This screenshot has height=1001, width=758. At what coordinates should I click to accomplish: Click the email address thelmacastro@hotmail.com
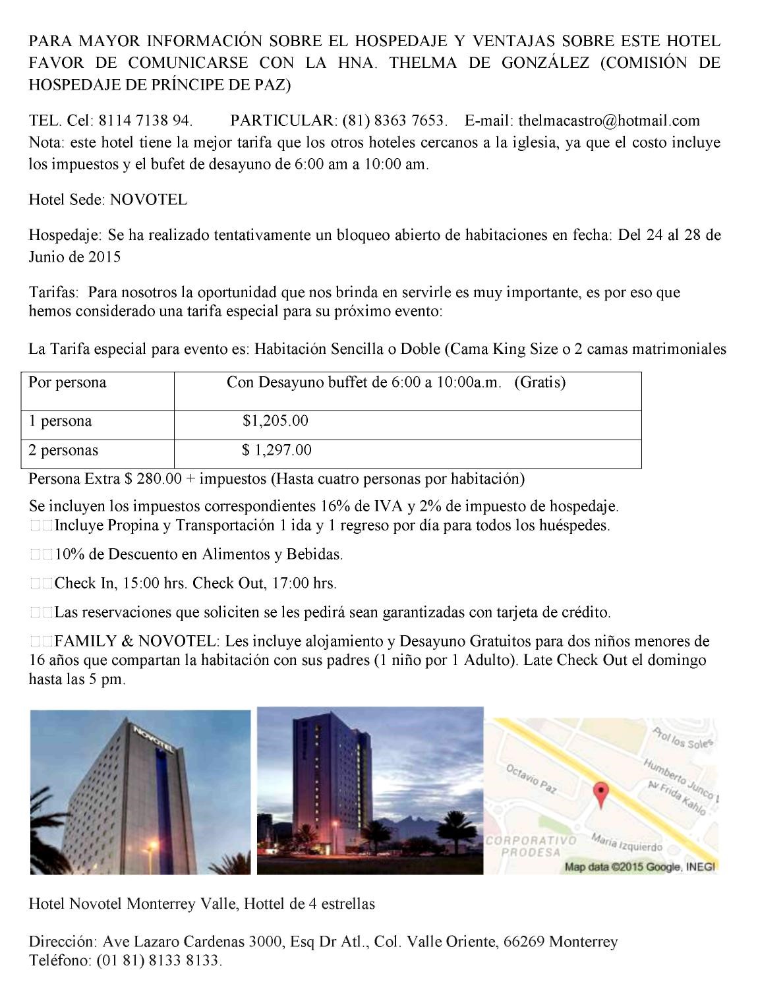pos(609,121)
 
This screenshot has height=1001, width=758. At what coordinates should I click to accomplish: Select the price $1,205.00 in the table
pos(275,420)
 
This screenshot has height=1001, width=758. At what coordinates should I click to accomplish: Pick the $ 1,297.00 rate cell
pos(276,450)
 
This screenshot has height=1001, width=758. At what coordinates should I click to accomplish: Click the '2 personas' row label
pos(63,450)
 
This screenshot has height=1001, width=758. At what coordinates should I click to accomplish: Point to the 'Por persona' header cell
pos(67,382)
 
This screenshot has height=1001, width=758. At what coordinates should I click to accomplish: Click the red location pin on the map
pos(601,794)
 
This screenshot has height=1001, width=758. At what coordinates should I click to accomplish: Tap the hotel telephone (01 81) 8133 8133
pos(158,960)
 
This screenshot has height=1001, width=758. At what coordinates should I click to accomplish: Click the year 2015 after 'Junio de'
pos(104,256)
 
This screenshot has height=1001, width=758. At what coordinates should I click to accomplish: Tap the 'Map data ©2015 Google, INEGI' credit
pos(639,867)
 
